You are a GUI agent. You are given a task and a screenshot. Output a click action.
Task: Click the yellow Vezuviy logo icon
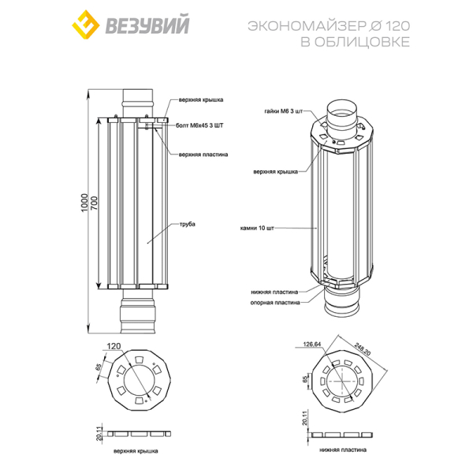(x=86, y=24)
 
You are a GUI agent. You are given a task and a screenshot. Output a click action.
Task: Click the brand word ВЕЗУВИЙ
(x=147, y=25)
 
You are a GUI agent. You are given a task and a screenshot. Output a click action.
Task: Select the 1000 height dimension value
(x=85, y=203)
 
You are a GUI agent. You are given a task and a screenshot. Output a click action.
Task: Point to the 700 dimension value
(x=94, y=203)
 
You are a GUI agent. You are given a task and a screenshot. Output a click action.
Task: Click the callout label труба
(x=188, y=224)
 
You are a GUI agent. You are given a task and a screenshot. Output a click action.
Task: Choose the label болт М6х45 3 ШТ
(x=199, y=125)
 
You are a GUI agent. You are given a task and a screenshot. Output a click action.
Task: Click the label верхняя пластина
(x=203, y=155)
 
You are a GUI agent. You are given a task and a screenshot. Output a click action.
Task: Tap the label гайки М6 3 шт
(x=283, y=111)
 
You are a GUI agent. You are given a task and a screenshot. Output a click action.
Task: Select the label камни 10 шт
(x=257, y=228)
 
